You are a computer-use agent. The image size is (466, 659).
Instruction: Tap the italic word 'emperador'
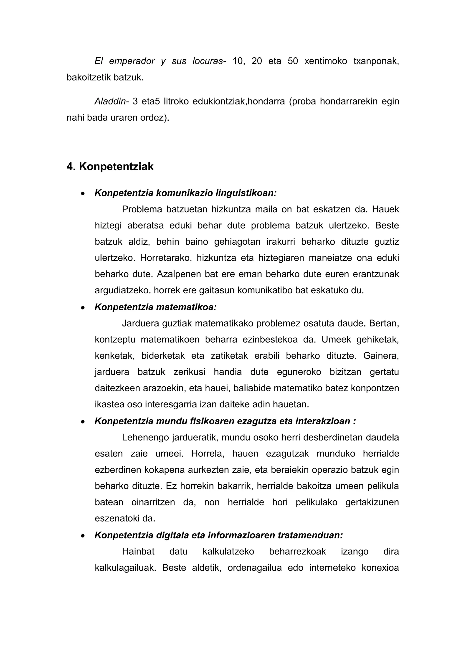coord(132,61)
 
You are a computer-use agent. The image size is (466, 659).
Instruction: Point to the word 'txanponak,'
coord(376,61)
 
